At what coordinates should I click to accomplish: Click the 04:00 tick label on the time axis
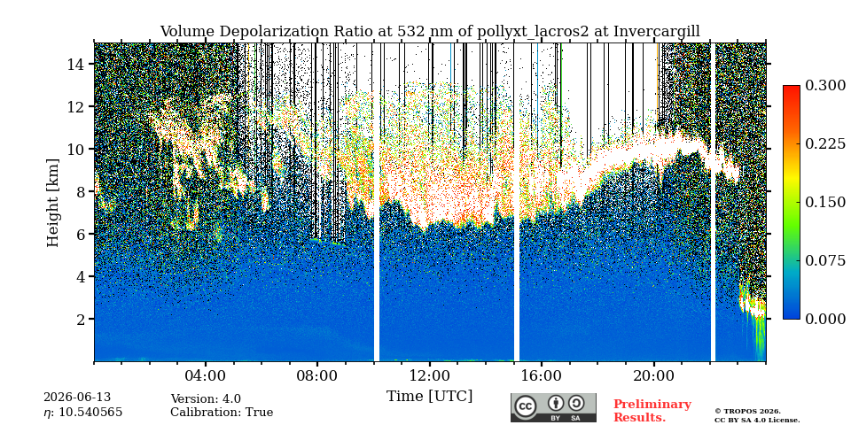(x=206, y=375)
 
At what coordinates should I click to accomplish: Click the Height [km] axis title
(x=52, y=203)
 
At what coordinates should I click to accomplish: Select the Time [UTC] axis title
(x=429, y=397)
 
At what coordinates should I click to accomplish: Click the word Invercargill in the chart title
(x=657, y=32)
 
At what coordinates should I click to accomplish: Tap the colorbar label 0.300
(x=825, y=86)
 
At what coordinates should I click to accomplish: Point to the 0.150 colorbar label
(x=825, y=202)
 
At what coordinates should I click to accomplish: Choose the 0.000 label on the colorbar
(x=825, y=319)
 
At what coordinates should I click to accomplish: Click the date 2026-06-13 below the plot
(x=77, y=398)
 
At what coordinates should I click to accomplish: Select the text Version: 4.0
(x=206, y=399)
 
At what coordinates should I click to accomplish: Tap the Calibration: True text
(x=222, y=413)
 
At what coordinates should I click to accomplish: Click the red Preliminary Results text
(x=652, y=411)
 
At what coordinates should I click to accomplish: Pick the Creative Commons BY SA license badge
(x=553, y=407)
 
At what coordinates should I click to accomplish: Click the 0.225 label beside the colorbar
(x=825, y=143)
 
